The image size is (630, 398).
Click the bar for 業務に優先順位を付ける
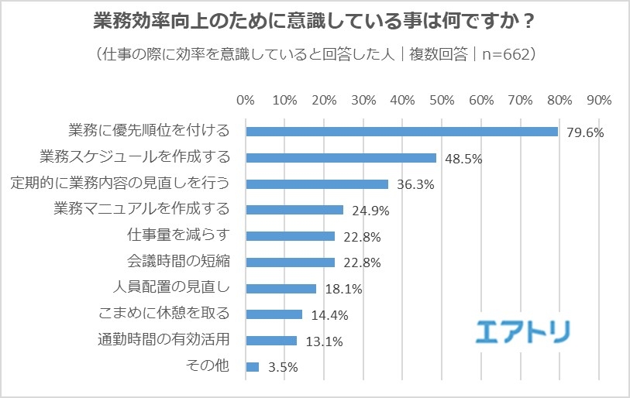[401, 131]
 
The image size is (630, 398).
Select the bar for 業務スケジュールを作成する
[341, 157]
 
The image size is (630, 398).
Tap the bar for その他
[252, 367]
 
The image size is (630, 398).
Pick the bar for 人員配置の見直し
[281, 288]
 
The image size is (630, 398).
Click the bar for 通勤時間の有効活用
[271, 341]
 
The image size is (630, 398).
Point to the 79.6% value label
[584, 132]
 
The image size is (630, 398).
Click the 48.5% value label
[463, 159]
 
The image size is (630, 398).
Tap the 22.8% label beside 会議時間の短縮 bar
[361, 263]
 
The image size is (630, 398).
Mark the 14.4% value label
[329, 315]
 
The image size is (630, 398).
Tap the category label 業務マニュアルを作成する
[142, 209]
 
